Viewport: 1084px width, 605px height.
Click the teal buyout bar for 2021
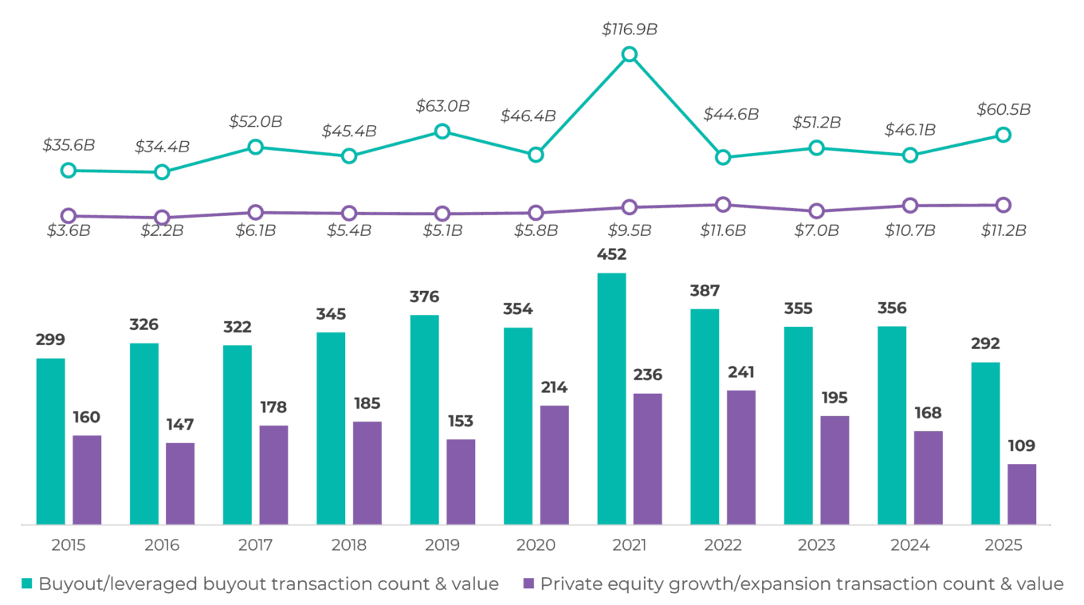point(611,399)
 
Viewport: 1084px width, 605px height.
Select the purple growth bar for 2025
point(1022,494)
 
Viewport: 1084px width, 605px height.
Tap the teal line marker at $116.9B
point(629,54)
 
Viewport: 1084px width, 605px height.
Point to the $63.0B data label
point(442,105)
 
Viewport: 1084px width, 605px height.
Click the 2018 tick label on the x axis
point(349,546)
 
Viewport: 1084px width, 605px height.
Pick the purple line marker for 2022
point(723,205)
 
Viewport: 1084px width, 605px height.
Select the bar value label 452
point(611,255)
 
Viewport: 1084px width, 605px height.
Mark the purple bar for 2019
point(461,481)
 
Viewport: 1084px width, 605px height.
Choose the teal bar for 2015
point(51,441)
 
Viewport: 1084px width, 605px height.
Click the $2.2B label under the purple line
point(161,231)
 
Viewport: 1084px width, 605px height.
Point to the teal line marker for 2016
point(162,171)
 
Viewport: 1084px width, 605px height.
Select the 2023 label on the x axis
point(816,546)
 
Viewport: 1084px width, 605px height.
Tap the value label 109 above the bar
point(1022,446)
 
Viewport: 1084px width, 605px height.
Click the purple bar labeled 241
point(741,457)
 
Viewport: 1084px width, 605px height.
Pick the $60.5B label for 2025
point(1004,109)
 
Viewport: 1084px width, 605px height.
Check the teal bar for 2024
point(892,425)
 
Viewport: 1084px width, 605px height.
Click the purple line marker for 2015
point(69,215)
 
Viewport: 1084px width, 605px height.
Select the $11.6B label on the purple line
point(723,231)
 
